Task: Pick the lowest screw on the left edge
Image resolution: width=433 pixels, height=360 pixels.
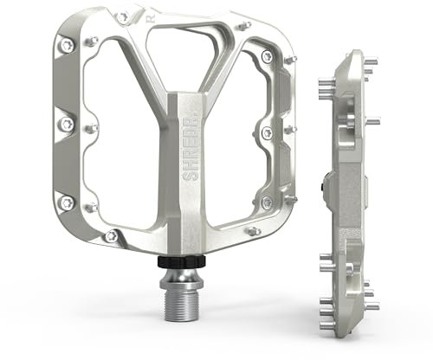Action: (x=63, y=202)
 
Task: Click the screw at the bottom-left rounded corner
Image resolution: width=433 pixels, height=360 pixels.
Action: (x=110, y=235)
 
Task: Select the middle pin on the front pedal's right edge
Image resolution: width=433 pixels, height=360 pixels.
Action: (x=267, y=132)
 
